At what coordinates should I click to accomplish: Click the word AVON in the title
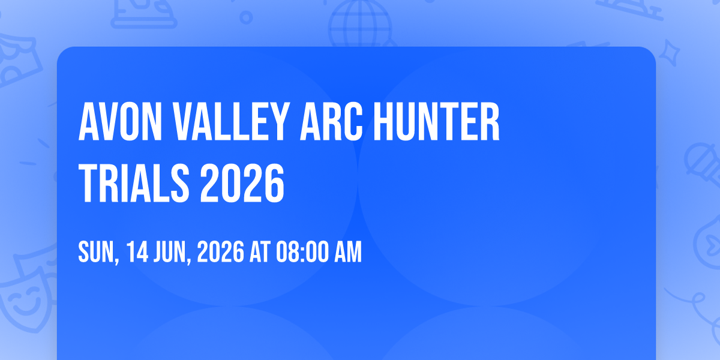pos(120,121)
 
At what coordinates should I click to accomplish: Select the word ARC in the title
pos(331,121)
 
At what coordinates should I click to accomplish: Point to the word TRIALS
pos(134,183)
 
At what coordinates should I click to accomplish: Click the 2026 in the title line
pos(242,183)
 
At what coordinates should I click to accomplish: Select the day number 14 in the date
pos(137,251)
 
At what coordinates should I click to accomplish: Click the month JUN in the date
pos(173,252)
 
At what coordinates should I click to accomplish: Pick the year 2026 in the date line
pos(221,251)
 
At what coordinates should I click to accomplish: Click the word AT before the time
pos(260,251)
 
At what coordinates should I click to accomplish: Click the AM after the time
pos(348,251)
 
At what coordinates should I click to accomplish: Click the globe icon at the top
pos(360,23)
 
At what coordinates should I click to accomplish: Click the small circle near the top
pos(246,17)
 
